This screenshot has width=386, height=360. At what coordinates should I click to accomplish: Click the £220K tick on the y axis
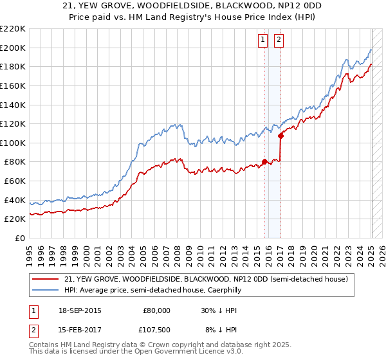(13, 29)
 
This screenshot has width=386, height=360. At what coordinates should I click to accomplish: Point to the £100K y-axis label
(13, 143)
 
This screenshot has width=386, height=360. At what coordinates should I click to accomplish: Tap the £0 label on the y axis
(19, 238)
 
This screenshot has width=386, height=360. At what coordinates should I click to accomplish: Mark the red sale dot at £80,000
(264, 162)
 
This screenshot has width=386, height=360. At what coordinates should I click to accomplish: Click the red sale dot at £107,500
(280, 136)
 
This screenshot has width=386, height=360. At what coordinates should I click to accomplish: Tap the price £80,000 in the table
(156, 310)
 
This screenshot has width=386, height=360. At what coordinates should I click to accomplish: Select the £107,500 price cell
(156, 331)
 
